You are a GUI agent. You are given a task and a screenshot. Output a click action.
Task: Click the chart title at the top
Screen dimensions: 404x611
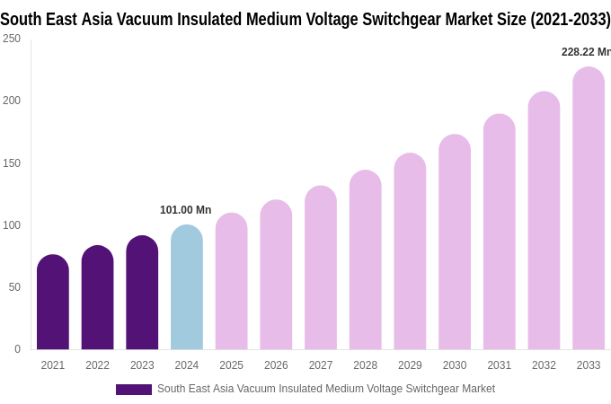[x=305, y=19]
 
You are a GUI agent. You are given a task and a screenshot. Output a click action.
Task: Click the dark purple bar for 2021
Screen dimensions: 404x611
[x=53, y=303]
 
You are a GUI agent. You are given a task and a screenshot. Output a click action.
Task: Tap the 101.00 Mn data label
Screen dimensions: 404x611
[x=185, y=210]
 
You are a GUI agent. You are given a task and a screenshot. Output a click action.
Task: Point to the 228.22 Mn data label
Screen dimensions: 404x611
[x=586, y=52]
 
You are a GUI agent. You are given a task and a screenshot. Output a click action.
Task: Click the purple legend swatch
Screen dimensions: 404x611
[x=134, y=390]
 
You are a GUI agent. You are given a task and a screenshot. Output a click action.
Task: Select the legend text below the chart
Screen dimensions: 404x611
[x=326, y=389]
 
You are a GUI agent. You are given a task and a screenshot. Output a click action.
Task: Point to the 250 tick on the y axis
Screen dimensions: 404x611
[x=12, y=39]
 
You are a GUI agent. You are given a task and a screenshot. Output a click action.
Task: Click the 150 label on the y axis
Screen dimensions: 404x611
[x=12, y=163]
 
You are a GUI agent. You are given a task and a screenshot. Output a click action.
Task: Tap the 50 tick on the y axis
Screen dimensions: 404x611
[x=14, y=287]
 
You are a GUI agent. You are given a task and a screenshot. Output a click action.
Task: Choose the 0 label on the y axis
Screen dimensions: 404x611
[x=17, y=349]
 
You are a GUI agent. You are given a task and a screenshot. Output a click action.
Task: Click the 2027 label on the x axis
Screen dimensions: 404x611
[x=321, y=365]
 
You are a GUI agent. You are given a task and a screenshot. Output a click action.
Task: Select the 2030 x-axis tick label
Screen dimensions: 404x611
[x=455, y=365]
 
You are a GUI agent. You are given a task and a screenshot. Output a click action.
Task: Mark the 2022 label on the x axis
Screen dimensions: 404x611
[x=98, y=365]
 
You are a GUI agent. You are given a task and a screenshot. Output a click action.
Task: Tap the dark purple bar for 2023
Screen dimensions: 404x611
[x=142, y=293]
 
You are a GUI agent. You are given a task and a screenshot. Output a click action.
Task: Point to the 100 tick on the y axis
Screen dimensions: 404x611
[x=12, y=225]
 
